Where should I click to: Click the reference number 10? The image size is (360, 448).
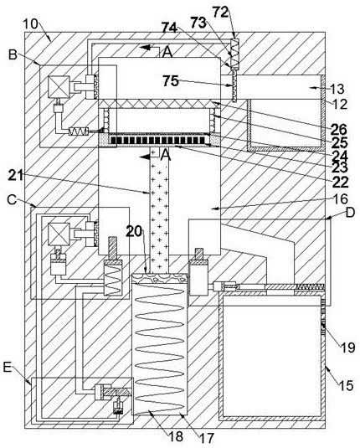[30, 24]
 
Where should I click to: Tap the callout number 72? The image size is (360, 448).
[221, 12]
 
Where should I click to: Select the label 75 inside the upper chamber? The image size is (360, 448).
[171, 81]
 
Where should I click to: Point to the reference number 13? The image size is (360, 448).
[337, 89]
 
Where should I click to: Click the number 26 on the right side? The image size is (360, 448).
[339, 130]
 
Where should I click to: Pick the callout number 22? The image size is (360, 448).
[341, 182]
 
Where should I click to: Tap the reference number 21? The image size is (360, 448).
[16, 175]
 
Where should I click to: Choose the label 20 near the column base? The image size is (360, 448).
[134, 232]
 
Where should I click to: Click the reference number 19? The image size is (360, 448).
[347, 348]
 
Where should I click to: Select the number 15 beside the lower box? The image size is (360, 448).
[347, 386]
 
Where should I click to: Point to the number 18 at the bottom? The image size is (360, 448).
[176, 436]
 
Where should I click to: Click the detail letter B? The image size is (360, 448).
[13, 54]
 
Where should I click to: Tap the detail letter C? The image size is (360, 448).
[12, 199]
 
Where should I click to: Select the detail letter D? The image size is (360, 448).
[350, 213]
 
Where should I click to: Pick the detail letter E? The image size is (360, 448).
[8, 367]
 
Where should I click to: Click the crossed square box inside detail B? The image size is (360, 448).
[59, 87]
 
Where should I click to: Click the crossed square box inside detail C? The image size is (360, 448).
[59, 234]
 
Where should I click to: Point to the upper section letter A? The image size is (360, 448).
[167, 52]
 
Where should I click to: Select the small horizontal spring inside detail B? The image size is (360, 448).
[78, 131]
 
